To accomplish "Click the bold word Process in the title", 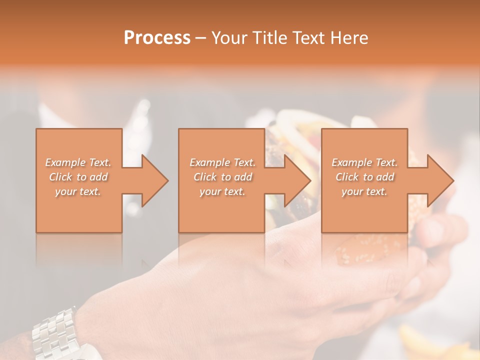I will tap(157, 38).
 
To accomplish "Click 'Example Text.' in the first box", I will tap(78, 162).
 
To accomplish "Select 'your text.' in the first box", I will tap(78, 191).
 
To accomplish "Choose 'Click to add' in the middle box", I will tap(222, 177).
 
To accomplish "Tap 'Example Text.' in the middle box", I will tap(222, 162).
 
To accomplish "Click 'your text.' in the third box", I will tap(364, 191).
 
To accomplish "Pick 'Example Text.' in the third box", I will tap(364, 162).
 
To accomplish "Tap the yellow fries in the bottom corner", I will tap(425, 345).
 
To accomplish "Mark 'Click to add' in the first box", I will tap(78, 177).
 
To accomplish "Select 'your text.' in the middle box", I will tap(222, 191).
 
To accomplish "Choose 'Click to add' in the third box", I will tap(364, 177).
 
